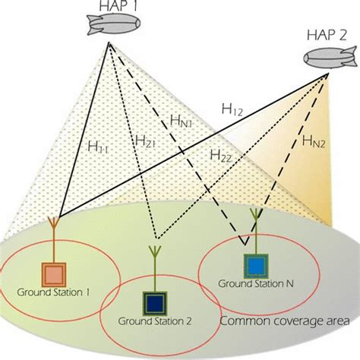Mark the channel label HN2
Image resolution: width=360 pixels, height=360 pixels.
(314, 139)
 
